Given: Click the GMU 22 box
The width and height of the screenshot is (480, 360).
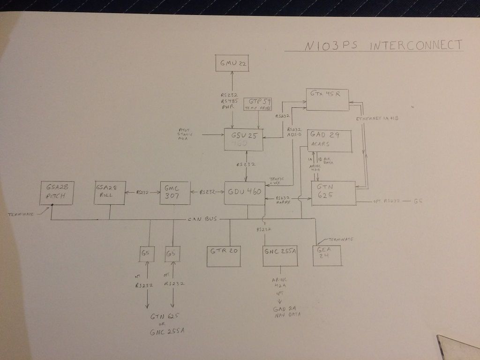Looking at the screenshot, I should pos(232,62).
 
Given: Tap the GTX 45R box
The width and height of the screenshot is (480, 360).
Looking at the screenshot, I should pos(328,99).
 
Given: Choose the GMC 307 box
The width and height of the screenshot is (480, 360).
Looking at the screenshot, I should pos(175,193).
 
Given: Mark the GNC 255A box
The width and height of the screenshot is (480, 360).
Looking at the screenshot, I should pos(280,255).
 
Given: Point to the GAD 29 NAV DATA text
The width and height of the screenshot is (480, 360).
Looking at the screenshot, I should pos(286,312).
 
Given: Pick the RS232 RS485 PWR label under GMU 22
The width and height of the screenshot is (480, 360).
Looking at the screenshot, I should pos(230,100).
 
